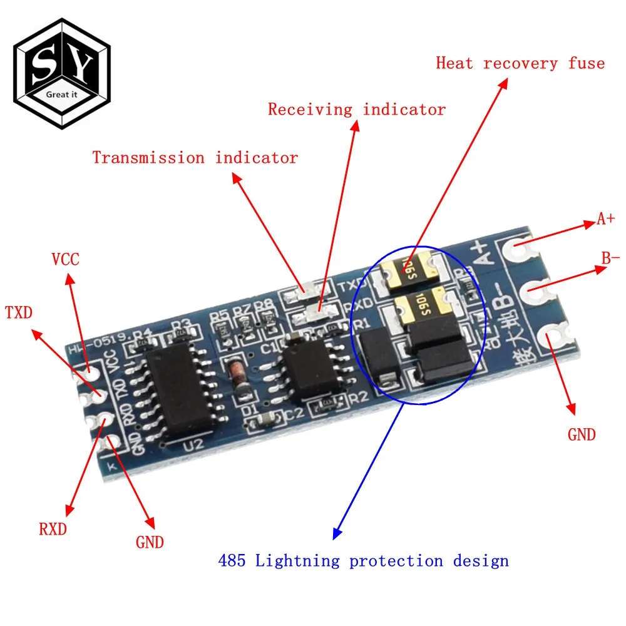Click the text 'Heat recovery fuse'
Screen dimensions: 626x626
[520, 63]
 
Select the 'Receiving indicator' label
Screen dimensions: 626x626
[357, 110]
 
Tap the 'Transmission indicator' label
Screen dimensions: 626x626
[195, 158]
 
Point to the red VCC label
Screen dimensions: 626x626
[65, 259]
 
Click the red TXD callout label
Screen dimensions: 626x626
[19, 312]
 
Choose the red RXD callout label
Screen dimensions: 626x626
[53, 529]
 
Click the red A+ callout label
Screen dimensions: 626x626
[605, 219]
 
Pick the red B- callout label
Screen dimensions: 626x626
[610, 257]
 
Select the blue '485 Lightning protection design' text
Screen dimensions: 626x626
[363, 560]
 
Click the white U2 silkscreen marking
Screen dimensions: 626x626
[195, 445]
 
